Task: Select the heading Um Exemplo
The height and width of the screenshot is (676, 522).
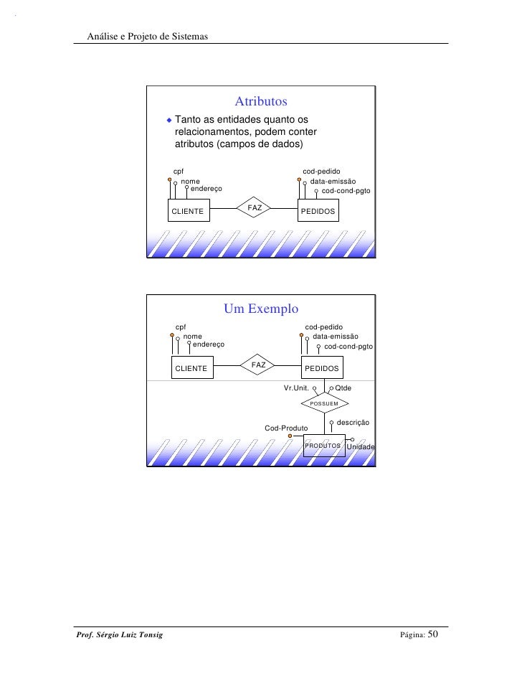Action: click(261, 309)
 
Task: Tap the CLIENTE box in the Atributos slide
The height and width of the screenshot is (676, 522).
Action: click(189, 212)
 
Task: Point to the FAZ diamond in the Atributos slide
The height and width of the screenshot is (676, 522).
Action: click(255, 208)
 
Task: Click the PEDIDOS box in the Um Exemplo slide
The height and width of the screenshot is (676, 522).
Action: click(322, 368)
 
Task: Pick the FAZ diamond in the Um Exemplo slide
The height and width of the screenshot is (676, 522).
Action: click(259, 365)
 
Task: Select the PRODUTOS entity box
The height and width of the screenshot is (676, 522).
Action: click(323, 446)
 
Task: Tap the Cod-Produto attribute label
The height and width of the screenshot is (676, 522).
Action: click(286, 428)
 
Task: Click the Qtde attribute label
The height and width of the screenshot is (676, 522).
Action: click(343, 388)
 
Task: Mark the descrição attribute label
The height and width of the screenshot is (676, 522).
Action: click(353, 423)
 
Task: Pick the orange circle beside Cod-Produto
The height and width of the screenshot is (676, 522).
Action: click(290, 436)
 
